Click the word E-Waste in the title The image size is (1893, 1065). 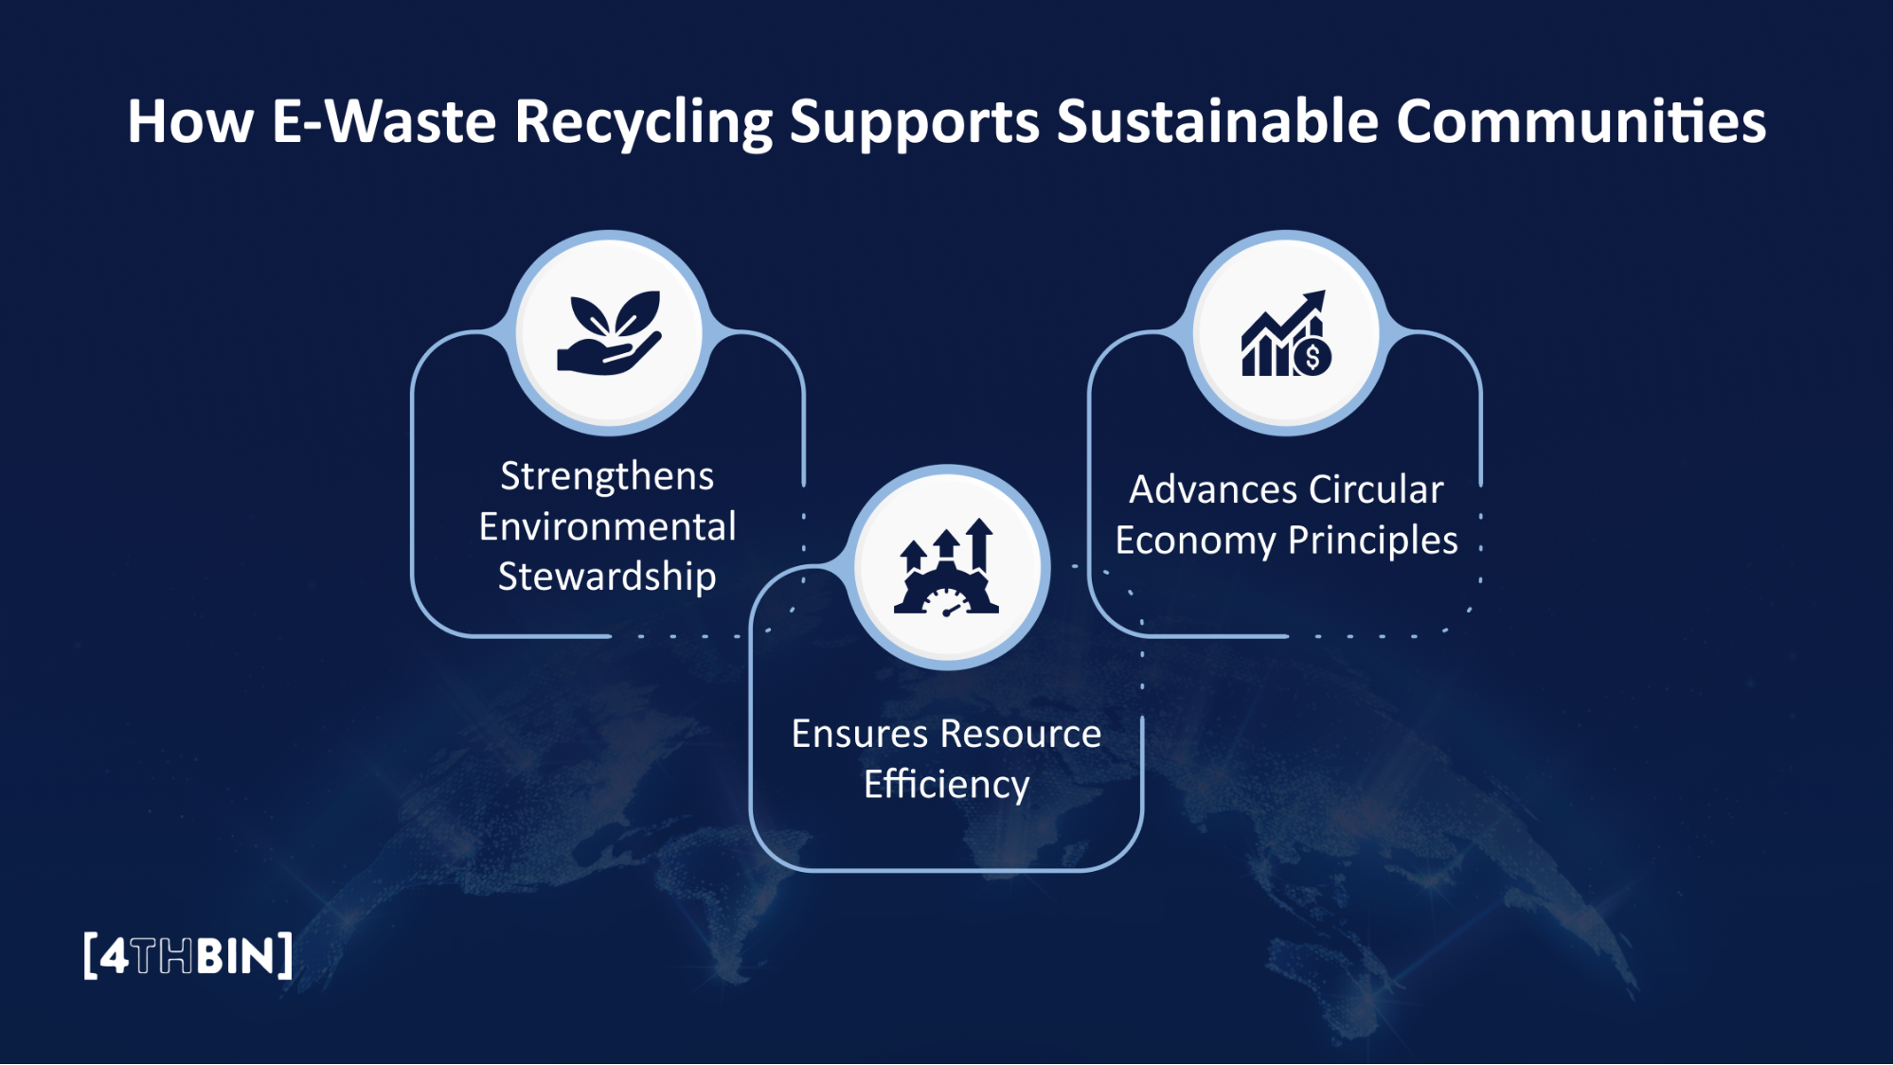pos(384,121)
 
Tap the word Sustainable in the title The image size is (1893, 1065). pos(1217,121)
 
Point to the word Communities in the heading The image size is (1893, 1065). pos(1580,121)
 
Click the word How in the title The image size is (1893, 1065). pos(190,121)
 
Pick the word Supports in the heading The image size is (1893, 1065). pos(914,123)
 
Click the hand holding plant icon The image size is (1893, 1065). pos(609,333)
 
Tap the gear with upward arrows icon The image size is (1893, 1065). pos(946,568)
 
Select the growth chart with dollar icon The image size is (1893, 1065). pos(1286,333)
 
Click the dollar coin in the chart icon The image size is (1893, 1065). pos(1313,358)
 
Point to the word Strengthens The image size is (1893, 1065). pos(607,476)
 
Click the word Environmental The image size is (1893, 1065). pos(607,526)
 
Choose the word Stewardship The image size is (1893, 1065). pos(607,577)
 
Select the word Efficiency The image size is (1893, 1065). pos(946,785)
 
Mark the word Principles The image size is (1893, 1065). pos(1372,541)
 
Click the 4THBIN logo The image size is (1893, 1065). pos(188,956)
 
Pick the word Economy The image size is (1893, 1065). pos(1195,541)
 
